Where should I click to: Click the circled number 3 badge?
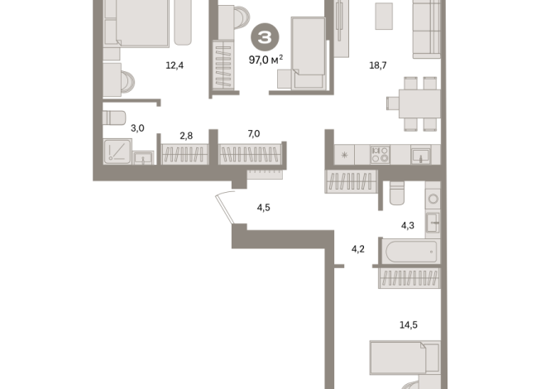coord(265,37)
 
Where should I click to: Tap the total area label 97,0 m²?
coord(266,60)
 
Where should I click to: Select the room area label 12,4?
coord(175,65)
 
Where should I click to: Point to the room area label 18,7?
coord(378,65)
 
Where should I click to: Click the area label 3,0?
coord(137,128)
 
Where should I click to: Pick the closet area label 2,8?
coord(186,136)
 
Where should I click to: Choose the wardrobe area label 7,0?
coord(254,133)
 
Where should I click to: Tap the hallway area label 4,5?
coord(264,208)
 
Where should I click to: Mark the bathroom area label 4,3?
coord(408,225)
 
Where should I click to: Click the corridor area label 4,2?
coord(358,249)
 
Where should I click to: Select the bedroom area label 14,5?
coord(409,324)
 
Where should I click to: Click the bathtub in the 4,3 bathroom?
coord(411,252)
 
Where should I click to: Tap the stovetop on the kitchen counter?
coord(381,155)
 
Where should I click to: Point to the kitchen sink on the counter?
coord(420,155)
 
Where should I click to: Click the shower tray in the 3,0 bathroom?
coord(117,151)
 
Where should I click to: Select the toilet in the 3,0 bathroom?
coord(114,118)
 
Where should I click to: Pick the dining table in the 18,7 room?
coord(419,103)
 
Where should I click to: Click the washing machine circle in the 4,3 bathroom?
coord(433,199)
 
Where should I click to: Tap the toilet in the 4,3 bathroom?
coord(397,193)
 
